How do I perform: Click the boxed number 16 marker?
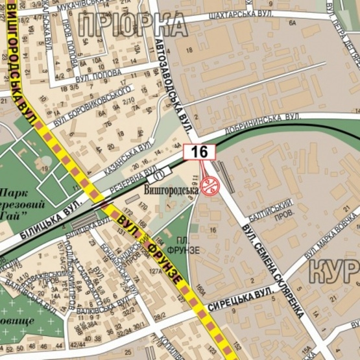pyautogui.click(x=199, y=152)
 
